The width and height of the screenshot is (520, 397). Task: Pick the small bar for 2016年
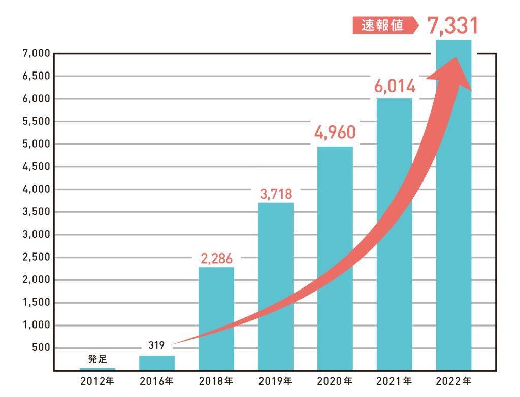(156, 363)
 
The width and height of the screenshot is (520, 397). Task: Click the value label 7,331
(453, 26)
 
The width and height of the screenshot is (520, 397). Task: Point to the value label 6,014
(395, 86)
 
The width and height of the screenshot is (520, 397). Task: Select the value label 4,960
(335, 133)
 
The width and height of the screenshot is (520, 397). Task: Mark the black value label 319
(156, 347)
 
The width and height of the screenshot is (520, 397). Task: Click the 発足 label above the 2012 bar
(97, 359)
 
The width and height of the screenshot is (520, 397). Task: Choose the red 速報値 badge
(383, 26)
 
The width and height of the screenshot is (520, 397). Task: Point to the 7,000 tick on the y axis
(35, 53)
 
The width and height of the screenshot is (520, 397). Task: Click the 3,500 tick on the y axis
(35, 212)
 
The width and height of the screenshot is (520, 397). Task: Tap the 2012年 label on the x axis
(97, 380)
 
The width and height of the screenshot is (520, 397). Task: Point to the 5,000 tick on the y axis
(35, 144)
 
